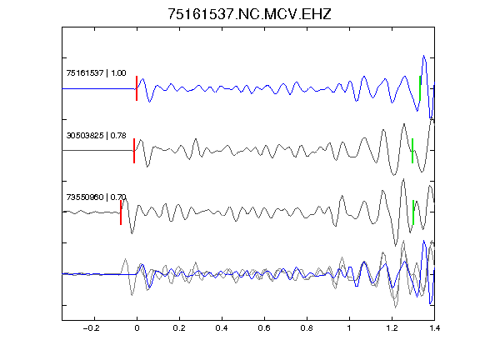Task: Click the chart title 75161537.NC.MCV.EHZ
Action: tap(249, 14)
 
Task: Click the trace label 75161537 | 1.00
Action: tap(96, 73)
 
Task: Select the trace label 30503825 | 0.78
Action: tap(96, 135)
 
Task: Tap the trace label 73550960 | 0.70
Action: tap(96, 197)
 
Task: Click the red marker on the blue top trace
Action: tap(137, 88)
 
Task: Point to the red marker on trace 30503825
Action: tap(134, 151)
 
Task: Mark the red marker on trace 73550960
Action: tap(121, 212)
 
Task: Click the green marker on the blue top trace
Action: tap(420, 88)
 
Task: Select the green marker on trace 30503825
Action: tap(412, 151)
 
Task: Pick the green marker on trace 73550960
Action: tap(413, 212)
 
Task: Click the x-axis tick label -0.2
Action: tap(92, 328)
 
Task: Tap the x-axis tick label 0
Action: tap(137, 328)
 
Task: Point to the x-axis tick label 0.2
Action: tap(179, 328)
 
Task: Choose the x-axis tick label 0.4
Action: tap(222, 328)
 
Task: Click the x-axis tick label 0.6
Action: tap(264, 328)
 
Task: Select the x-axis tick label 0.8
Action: tap(307, 328)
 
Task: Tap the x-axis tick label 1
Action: tap(349, 328)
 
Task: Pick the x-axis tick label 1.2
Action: tap(392, 328)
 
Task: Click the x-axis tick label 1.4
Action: tap(434, 328)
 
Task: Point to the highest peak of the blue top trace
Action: tap(424, 56)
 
